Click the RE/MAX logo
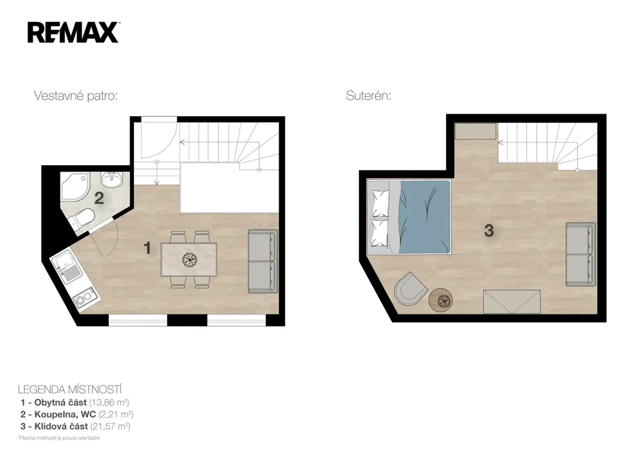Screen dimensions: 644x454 pos(73,33)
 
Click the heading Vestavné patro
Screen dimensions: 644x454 pos(76,96)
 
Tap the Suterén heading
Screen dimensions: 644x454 pos(369,96)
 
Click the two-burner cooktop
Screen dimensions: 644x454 pos(86,298)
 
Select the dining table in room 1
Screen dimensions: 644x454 pos(189,259)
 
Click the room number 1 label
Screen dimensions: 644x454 pos(147,247)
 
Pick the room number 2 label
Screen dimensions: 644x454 pos(99,198)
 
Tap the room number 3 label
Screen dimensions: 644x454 pos(489,230)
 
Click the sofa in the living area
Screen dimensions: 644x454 pos(262,261)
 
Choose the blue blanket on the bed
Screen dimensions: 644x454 pos(425,217)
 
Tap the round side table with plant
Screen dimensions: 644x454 pos(441,301)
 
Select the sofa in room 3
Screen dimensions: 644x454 pos(580,254)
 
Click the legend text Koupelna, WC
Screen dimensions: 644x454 pos(65,414)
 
